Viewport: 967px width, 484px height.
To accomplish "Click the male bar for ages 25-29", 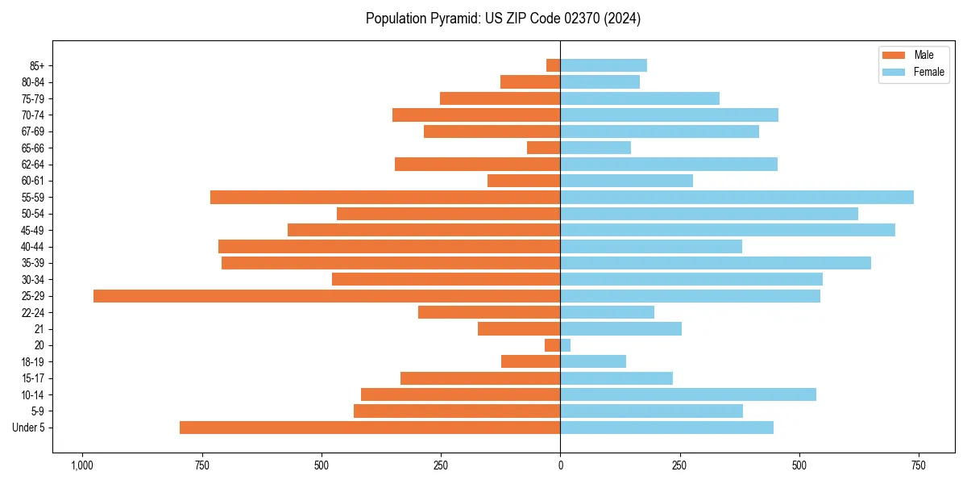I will tap(326, 296).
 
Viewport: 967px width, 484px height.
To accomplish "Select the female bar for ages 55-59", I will tap(737, 198).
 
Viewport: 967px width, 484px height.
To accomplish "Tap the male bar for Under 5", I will tap(370, 428).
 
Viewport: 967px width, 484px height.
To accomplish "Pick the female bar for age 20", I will tap(566, 345).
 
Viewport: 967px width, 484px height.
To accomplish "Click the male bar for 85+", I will tap(554, 65).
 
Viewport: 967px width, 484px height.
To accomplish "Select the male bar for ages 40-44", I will tap(389, 247).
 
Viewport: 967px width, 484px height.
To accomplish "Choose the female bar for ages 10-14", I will tap(688, 394).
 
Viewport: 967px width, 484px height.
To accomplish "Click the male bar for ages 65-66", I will tap(544, 148).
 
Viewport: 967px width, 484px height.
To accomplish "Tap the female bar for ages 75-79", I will tap(640, 98).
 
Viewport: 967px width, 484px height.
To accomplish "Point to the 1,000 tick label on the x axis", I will tap(82, 465).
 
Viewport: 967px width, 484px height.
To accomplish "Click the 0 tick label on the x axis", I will tap(560, 465).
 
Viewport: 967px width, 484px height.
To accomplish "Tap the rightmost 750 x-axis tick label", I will tap(918, 465).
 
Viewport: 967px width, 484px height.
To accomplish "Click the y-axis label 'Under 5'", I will tap(28, 428).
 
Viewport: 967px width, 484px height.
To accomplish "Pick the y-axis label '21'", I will tap(39, 329).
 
